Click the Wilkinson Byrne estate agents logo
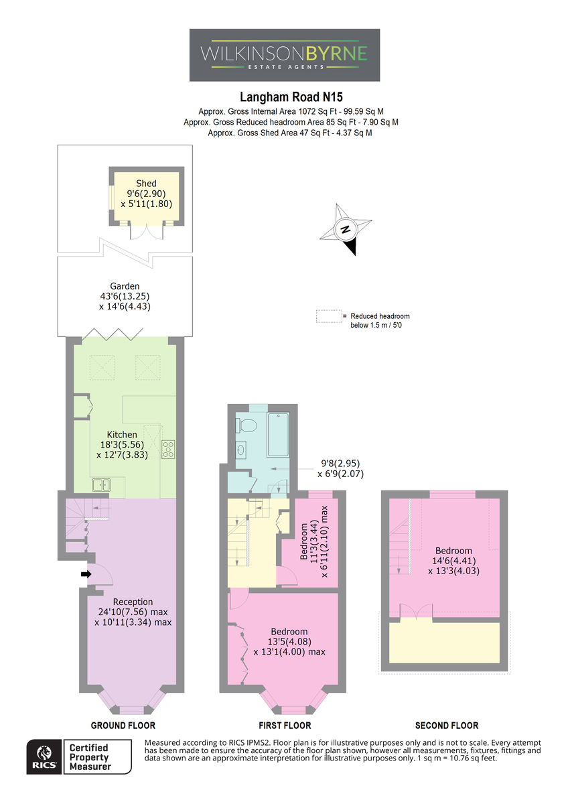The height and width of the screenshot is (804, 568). tap(285, 55)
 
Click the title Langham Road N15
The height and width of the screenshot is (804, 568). tap(291, 97)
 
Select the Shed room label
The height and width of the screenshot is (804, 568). tap(146, 184)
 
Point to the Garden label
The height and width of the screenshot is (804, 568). tap(125, 286)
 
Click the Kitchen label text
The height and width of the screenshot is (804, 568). tap(122, 434)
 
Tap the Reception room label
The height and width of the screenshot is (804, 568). tap(133, 602)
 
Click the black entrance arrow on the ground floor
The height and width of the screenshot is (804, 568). tap(86, 574)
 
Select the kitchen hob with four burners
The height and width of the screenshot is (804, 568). tap(168, 450)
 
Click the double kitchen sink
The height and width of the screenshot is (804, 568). tap(101, 485)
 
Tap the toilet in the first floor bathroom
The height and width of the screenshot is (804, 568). tap(246, 425)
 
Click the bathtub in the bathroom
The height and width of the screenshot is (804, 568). tap(278, 434)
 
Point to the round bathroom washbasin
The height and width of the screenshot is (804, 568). tap(240, 449)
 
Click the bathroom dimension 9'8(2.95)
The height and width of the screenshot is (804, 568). tap(340, 464)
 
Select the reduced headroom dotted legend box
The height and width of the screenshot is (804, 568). tap(329, 316)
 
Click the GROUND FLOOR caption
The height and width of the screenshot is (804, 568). tap(123, 726)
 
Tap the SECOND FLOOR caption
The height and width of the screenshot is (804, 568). tap(447, 726)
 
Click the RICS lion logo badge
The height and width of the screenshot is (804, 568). tap(44, 756)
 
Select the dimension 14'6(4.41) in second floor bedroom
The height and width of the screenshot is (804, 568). tap(454, 560)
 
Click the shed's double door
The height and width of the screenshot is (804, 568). tap(147, 232)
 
